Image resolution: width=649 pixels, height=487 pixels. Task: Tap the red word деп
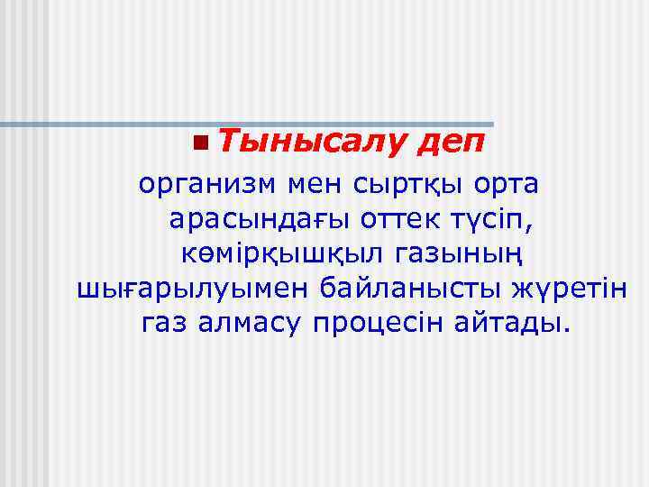coord(452,142)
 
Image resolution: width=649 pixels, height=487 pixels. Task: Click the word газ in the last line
coord(166,323)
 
